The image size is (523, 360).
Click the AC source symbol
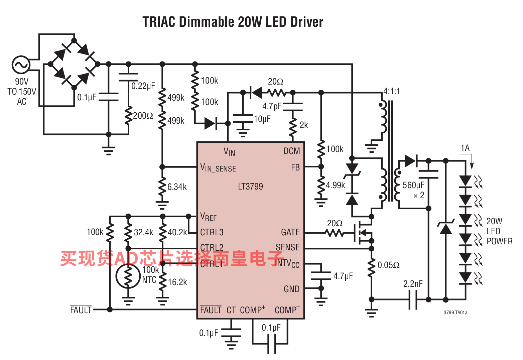coord(21,65)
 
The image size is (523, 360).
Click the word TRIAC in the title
coord(159,22)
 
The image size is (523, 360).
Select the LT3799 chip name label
coord(250,187)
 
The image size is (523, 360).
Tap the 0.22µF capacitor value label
coord(143,86)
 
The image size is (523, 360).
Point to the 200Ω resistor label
coord(143,116)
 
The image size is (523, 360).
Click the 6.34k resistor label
coord(177,187)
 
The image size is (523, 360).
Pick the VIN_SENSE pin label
coord(218,167)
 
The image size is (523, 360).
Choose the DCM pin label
coord(291,151)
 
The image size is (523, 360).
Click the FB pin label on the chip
coord(295,167)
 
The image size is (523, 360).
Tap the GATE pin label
coord(290,232)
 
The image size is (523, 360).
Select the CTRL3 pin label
coord(212,232)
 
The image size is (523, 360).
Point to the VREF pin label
coord(208,217)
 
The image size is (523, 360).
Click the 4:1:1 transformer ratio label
coord(391,91)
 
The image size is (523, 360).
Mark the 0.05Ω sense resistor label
coord(388,265)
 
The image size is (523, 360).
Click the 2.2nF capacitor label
coord(413,284)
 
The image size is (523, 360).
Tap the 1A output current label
coord(465,148)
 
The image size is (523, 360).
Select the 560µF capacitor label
coord(413,185)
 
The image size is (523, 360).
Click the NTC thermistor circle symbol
coord(128,276)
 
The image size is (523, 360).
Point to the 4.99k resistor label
coord(335,185)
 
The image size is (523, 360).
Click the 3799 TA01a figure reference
coord(455,313)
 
